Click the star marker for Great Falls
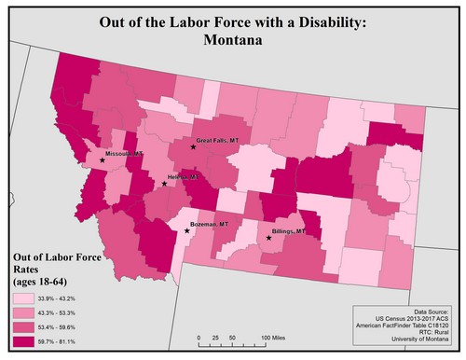[x=193, y=147]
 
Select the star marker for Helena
[x=164, y=184]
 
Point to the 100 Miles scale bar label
[x=272, y=336]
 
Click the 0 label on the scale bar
[x=199, y=336]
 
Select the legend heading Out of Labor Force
[x=52, y=256]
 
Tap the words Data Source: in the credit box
[x=431, y=311]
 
